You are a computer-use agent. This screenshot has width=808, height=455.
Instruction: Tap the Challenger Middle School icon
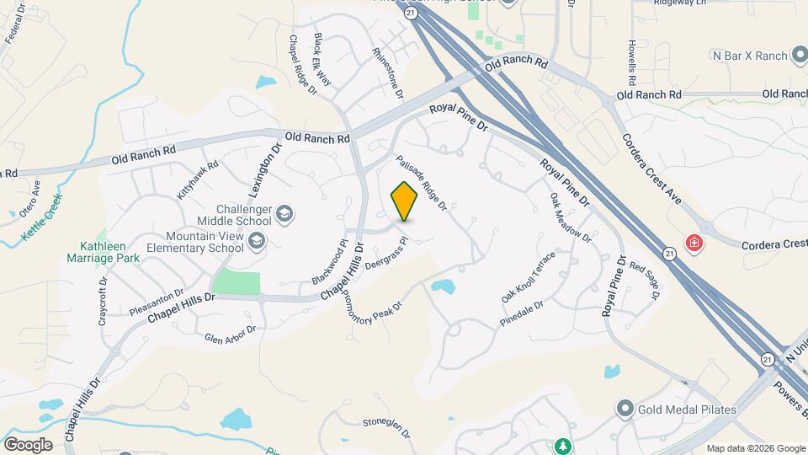284,214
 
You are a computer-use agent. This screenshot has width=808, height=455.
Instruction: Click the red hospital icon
694,244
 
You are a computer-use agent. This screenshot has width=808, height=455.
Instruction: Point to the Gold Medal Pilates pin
625,409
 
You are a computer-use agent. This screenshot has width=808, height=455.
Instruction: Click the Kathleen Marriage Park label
104,252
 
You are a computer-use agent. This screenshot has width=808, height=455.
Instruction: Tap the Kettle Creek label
42,217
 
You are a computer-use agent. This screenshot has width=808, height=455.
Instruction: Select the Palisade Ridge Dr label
420,182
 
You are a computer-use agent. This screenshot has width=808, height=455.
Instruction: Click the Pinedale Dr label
522,313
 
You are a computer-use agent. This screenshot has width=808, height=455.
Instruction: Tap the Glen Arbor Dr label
230,335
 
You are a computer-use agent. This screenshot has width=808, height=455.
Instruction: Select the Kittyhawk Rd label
198,179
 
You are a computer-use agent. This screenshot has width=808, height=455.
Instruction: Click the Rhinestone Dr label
388,72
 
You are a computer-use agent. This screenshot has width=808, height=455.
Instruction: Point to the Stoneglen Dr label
385,427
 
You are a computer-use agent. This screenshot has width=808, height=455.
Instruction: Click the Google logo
28,444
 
